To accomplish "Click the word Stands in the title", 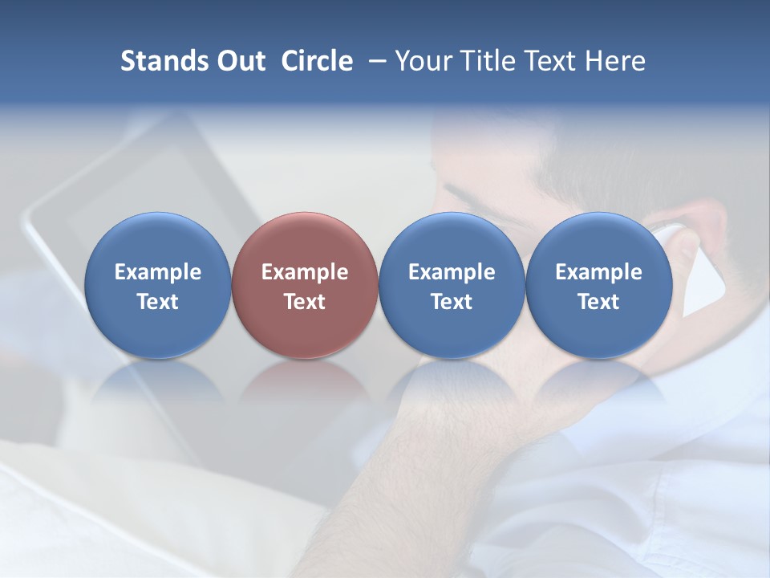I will coord(158,61).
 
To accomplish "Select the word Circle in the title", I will coord(317,61).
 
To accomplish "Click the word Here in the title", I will coord(615,61).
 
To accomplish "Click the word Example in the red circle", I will coord(305,272).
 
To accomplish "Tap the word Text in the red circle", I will coord(305,302).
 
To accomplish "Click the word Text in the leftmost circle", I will coord(157,302).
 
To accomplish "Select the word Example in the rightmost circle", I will coord(598,272).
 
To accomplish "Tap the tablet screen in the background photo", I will coord(144,193).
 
